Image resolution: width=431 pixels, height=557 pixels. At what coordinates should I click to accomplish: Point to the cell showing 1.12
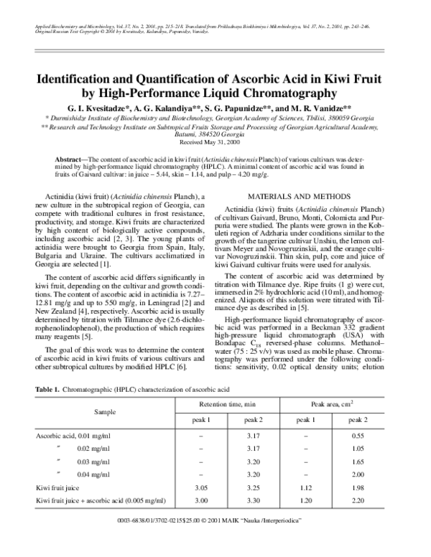[305, 487]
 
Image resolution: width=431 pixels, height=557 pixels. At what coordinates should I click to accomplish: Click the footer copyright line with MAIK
[215, 540]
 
